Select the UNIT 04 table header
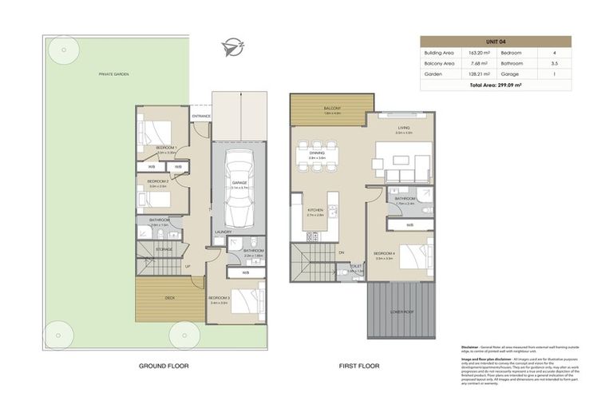496,41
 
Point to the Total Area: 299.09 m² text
496,84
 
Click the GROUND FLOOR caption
164,366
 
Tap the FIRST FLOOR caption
358,366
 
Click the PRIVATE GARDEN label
114,74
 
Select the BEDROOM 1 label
166,148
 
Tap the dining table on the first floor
317,151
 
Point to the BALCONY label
333,108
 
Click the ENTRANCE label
200,117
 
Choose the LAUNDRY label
223,232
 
